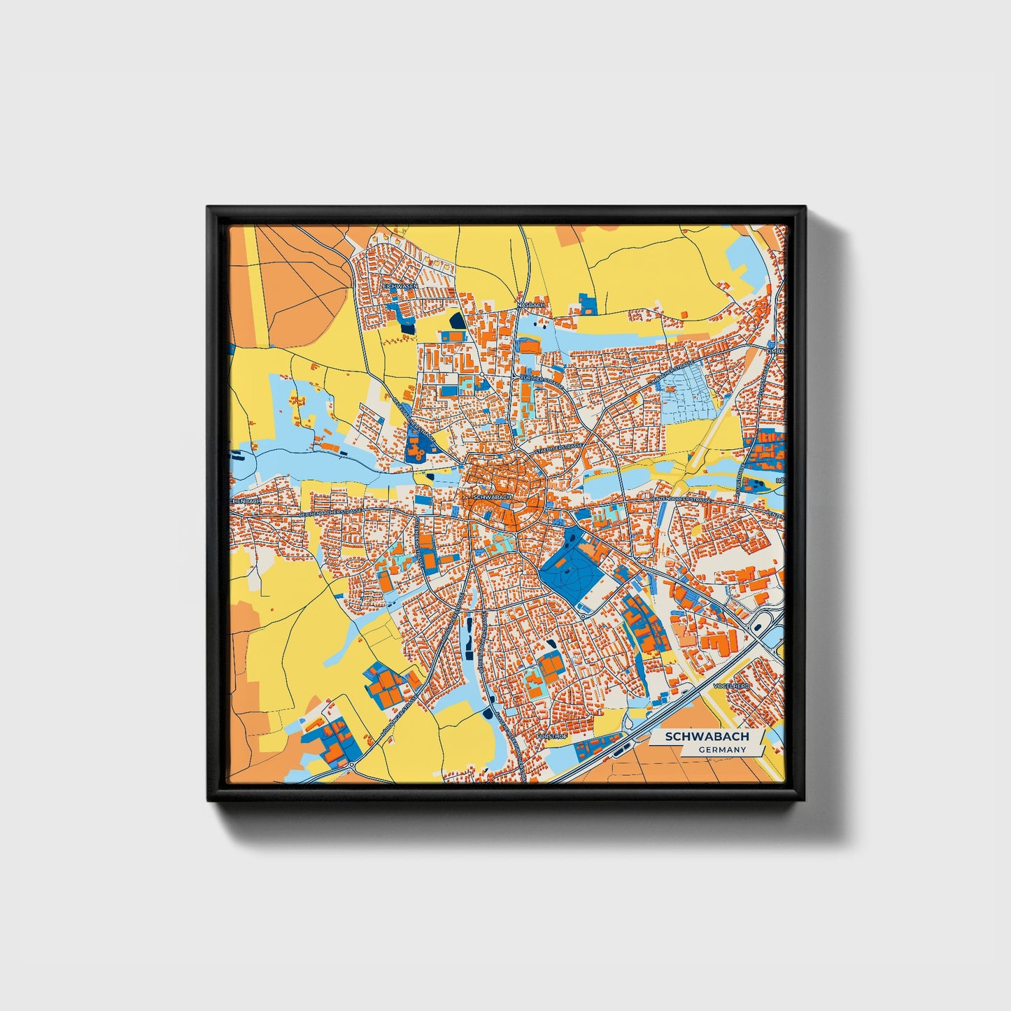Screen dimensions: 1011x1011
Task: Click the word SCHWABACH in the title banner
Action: click(707, 737)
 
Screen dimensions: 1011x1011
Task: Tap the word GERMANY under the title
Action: click(722, 749)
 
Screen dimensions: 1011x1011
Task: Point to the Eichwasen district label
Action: click(401, 287)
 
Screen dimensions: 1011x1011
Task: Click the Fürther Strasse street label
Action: click(542, 379)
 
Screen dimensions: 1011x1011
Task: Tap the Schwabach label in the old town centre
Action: click(493, 497)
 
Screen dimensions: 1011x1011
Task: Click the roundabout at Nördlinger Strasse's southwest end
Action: click(351, 764)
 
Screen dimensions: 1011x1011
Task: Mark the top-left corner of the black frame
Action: click(208, 207)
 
